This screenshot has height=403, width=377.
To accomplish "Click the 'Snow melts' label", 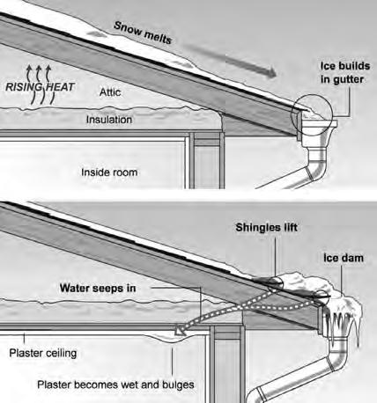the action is (143, 33).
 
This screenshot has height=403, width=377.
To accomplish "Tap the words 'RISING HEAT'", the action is (40, 87).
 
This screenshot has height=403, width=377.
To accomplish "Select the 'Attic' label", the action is (110, 92).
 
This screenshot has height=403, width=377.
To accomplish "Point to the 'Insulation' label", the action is (109, 120).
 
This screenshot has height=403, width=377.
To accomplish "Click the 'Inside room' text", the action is (109, 172).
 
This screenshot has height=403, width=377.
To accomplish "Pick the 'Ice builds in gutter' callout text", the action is (345, 72).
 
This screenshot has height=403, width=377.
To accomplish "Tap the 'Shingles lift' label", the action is (267, 227).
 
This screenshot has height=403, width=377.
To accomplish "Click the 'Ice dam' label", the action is (344, 258).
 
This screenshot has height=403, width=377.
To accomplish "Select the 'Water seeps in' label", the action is (98, 288).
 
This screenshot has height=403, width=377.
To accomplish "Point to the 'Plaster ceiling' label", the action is (43, 353).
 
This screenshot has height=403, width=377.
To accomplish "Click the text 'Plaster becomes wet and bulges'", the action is (115, 385).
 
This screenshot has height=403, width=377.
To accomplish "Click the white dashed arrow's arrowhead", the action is (180, 330).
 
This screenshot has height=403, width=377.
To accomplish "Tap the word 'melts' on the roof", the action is (158, 38).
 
